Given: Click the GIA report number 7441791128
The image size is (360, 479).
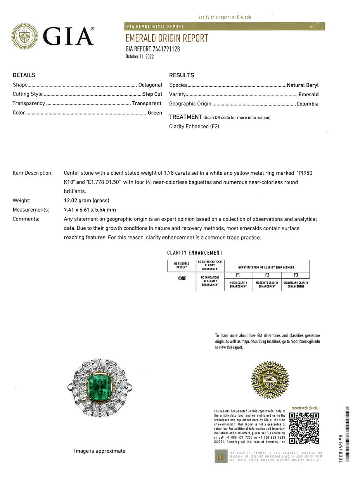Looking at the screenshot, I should (x=152, y=49).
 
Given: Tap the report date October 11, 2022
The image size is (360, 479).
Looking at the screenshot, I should (x=140, y=57).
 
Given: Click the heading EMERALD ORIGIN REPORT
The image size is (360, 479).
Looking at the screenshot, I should (x=167, y=38).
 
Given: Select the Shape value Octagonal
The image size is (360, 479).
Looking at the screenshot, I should (x=150, y=85).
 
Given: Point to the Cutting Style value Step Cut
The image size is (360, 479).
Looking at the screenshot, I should (x=152, y=94).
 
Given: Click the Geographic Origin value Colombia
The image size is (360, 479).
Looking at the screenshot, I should (x=307, y=104).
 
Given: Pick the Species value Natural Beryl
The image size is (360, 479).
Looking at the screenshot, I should (x=303, y=85).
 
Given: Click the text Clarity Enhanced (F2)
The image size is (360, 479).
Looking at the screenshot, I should (x=194, y=126).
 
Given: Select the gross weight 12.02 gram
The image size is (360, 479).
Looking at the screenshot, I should (x=87, y=200).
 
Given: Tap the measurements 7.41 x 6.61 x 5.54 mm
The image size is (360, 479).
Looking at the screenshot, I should (x=90, y=210).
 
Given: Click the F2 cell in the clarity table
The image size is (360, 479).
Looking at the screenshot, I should (x=267, y=275).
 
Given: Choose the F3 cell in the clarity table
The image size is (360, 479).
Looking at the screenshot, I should (x=296, y=275).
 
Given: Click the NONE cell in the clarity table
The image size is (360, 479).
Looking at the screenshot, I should (x=182, y=278).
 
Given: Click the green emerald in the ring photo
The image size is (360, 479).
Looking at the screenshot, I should (x=99, y=387).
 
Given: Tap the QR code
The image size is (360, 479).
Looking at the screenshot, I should (x=304, y=428).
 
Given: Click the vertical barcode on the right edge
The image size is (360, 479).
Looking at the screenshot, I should (x=347, y=434).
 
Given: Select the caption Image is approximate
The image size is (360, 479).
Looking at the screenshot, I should (x=100, y=451).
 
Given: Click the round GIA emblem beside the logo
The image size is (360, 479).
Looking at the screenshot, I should (x=25, y=36).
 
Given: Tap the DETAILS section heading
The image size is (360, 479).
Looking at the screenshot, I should (x=24, y=75).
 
